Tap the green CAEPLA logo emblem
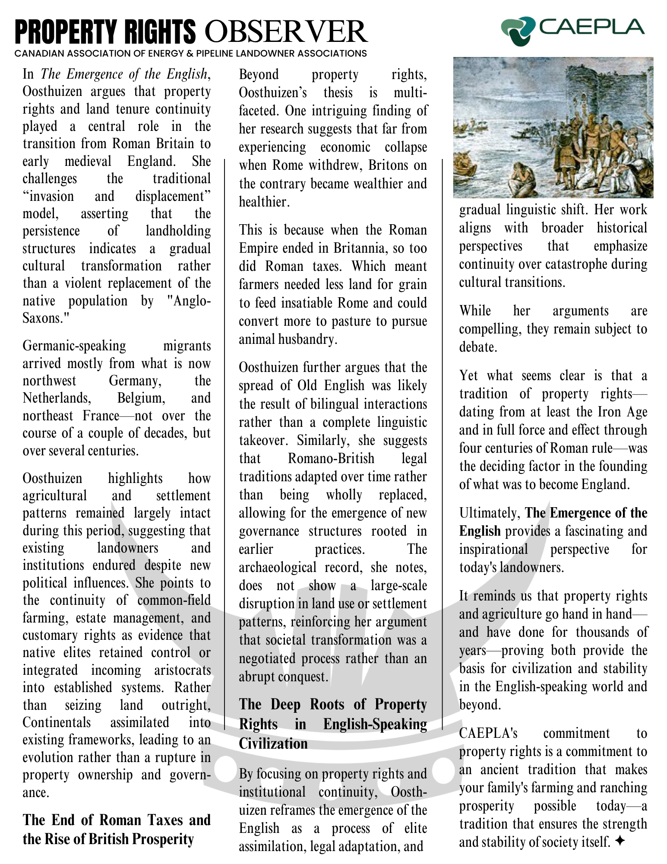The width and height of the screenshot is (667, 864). pyautogui.click(x=518, y=30)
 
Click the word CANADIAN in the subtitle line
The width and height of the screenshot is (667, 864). pyautogui.click(x=35, y=54)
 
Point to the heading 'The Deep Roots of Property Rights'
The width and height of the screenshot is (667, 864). pyautogui.click(x=333, y=724)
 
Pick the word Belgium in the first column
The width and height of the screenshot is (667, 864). pyautogui.click(x=141, y=398)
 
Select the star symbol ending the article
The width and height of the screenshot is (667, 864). pyautogui.click(x=620, y=841)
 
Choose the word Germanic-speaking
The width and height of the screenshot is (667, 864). pyautogui.click(x=74, y=346)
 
